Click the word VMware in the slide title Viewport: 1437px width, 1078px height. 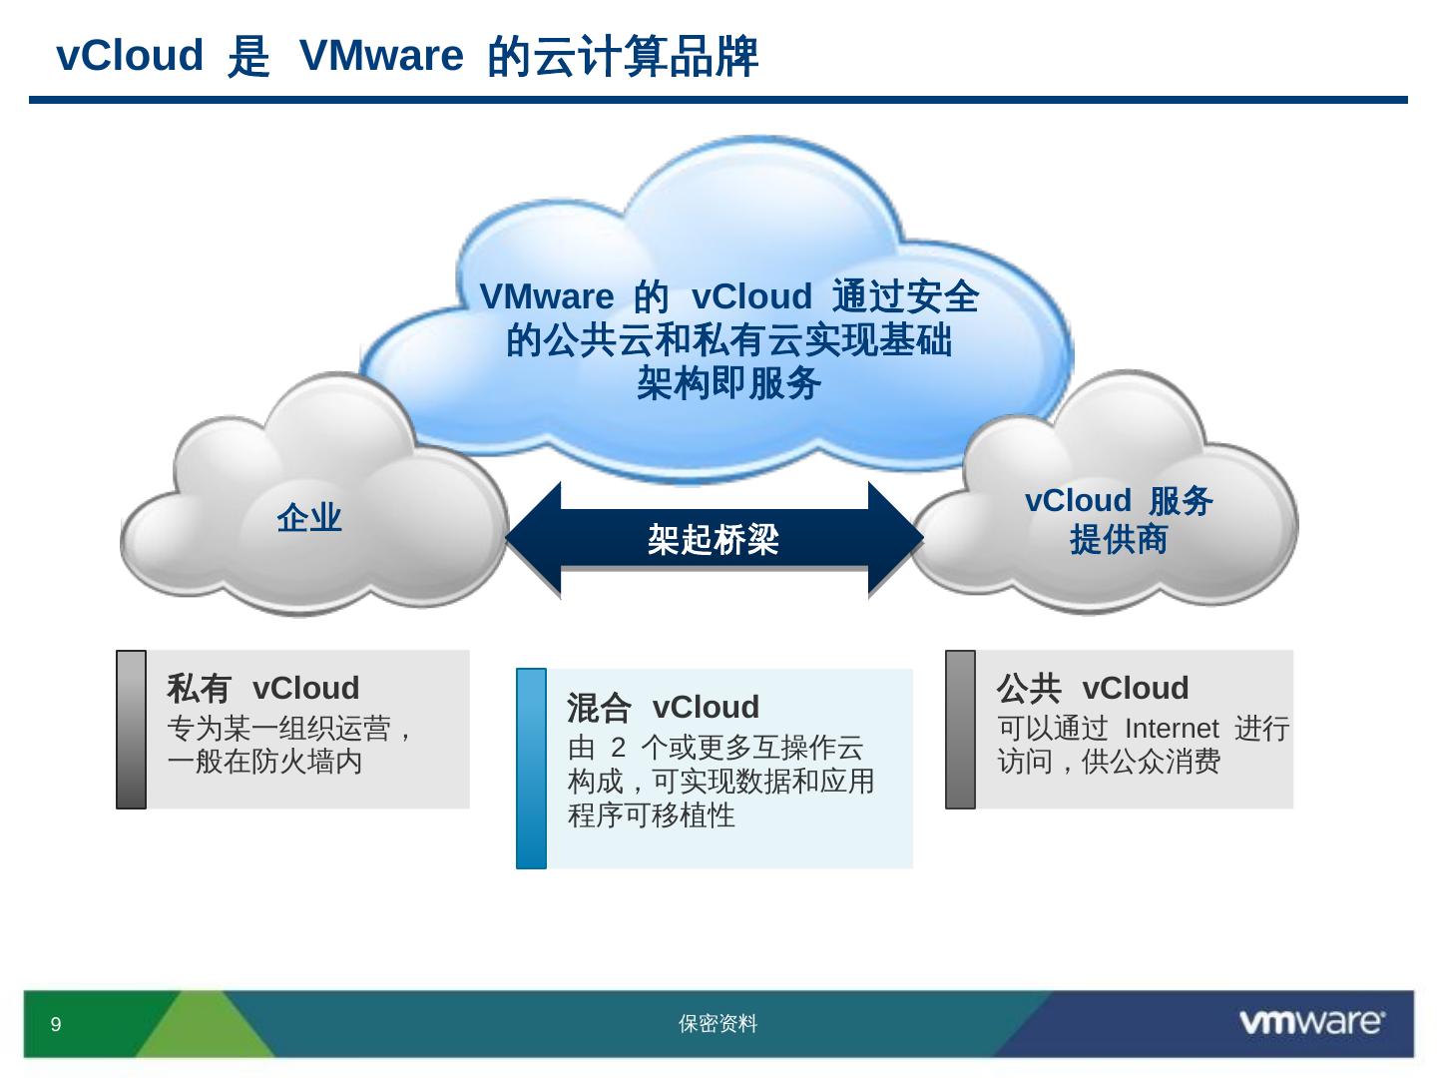[x=381, y=56]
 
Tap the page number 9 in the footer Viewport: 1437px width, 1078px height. [x=56, y=1024]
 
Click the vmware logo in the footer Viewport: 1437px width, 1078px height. [x=1311, y=1022]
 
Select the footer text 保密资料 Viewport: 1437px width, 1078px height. [x=718, y=1024]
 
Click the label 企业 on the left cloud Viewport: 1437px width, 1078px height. [x=309, y=518]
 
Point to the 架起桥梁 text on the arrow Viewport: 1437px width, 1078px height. [x=713, y=540]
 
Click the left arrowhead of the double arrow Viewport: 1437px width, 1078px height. [x=535, y=540]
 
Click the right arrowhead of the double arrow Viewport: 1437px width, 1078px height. [x=895, y=540]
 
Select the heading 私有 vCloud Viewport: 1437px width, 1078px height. [x=262, y=689]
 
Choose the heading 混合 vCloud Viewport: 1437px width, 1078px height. [x=663, y=708]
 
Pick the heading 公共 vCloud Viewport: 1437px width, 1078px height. [x=1093, y=689]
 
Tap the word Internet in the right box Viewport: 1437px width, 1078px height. [x=1172, y=729]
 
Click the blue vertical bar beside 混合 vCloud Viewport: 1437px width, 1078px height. [x=532, y=769]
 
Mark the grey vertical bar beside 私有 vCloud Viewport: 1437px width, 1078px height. [x=132, y=729]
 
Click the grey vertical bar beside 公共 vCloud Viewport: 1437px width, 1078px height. [x=960, y=729]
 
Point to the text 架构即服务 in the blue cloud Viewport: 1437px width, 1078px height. [x=728, y=383]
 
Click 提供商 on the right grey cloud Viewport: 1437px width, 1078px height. [x=1119, y=540]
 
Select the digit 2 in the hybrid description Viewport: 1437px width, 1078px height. [x=618, y=748]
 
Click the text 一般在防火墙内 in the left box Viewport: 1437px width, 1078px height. [x=264, y=762]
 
